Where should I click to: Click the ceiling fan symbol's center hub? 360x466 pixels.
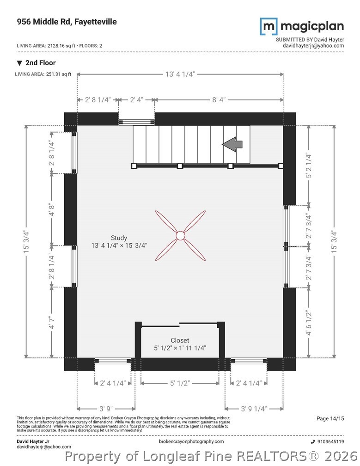click(180, 235)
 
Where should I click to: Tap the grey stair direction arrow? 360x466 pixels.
click(232, 144)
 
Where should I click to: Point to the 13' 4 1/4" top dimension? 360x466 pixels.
click(180, 74)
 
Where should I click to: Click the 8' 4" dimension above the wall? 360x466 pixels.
click(219, 100)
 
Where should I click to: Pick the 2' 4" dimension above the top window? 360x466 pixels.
click(137, 100)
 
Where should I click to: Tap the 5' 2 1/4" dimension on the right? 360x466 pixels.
click(309, 166)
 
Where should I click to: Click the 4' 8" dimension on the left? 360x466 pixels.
click(52, 209)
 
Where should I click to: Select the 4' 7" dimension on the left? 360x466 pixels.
click(52, 323)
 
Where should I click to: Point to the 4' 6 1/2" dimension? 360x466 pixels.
click(309, 323)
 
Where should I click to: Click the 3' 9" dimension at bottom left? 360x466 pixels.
click(106, 409)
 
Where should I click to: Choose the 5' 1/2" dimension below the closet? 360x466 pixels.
click(180, 383)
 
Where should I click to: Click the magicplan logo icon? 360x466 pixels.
click(269, 26)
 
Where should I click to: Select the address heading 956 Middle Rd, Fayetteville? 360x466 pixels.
click(67, 22)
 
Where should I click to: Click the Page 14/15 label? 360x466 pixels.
click(330, 418)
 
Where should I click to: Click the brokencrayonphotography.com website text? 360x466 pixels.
click(191, 441)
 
